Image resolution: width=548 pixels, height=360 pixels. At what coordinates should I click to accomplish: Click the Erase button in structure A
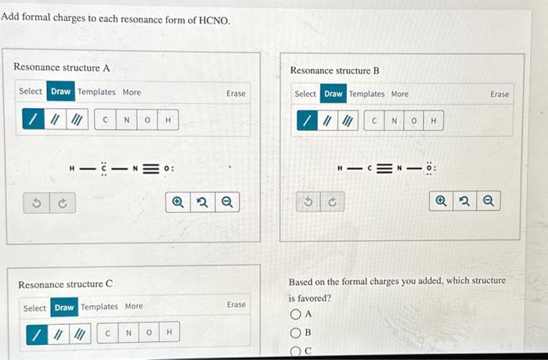[236, 93]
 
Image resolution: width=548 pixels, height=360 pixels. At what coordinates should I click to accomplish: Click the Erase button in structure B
[499, 94]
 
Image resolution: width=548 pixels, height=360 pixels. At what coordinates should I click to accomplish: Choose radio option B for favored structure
[295, 333]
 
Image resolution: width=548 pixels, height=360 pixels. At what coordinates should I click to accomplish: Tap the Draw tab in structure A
[60, 92]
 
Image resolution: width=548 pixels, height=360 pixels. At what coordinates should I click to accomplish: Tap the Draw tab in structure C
[64, 307]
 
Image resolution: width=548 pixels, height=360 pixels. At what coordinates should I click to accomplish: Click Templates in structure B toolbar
[366, 94]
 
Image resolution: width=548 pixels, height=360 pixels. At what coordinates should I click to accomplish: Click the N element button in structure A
[126, 120]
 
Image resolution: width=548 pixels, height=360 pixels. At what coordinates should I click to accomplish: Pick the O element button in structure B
[413, 121]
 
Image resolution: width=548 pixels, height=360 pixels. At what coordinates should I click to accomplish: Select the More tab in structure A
[132, 92]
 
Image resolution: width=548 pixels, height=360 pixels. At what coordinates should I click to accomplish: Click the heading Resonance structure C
[66, 284]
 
